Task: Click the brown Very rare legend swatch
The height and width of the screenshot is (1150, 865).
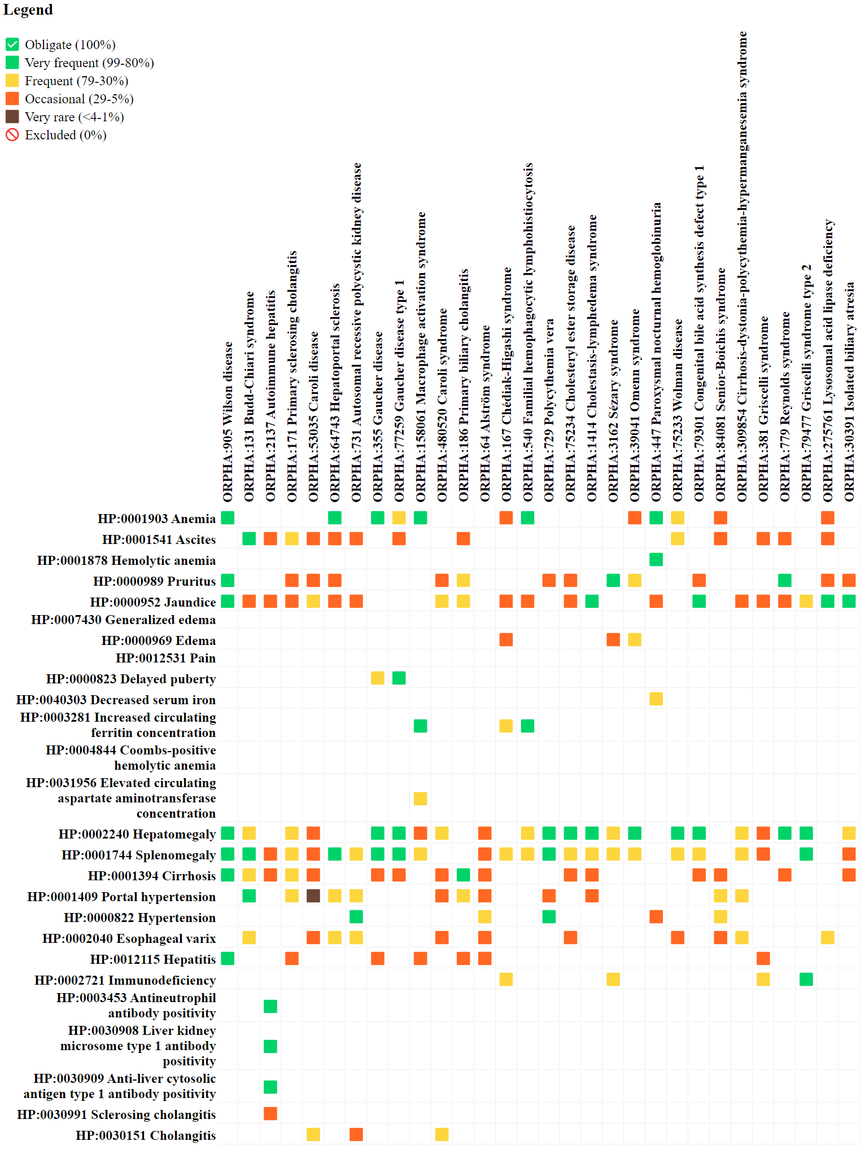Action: (12, 117)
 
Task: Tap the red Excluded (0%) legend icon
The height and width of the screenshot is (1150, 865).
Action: (12, 135)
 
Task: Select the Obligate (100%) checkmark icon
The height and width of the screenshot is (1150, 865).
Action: (12, 45)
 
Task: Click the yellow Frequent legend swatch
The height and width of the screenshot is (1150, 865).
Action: (12, 81)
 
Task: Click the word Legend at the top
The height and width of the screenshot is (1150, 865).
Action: (28, 10)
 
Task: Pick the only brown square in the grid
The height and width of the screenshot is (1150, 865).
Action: (313, 896)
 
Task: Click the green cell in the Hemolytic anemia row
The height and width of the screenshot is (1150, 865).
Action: (656, 560)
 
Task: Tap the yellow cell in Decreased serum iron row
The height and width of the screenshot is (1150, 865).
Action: (656, 699)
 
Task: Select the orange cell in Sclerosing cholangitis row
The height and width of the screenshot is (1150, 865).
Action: (270, 1114)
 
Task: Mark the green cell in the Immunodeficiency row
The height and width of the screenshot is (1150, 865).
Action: (806, 980)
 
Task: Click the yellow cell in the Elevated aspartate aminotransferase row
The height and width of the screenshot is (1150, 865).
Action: (421, 798)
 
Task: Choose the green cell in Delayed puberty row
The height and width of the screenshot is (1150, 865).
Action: (399, 678)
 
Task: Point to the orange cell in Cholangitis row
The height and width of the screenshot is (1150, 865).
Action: (356, 1135)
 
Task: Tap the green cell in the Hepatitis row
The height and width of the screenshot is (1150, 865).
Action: (228, 959)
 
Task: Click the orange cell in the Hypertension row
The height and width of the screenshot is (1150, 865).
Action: (656, 917)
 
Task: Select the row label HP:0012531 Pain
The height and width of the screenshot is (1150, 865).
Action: (165, 658)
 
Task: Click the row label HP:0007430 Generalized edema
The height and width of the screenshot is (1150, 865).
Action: (123, 620)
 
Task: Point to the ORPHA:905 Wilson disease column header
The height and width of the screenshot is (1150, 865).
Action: (228, 421)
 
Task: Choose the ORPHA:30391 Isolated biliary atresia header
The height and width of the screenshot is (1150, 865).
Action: (849, 392)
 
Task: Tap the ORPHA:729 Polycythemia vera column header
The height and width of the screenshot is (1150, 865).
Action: (549, 410)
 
